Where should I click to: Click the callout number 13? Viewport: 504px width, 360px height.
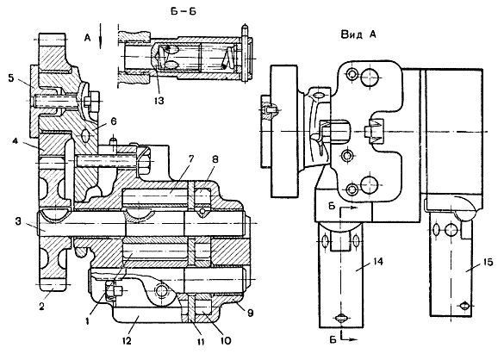coord(159,101)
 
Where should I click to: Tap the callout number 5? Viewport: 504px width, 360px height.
coord(11,78)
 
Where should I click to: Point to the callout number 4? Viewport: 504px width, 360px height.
coord(16,141)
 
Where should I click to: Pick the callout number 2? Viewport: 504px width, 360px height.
coord(42,307)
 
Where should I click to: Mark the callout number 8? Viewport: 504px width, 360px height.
coord(215,159)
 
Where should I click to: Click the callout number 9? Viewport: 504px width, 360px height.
coord(250,313)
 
